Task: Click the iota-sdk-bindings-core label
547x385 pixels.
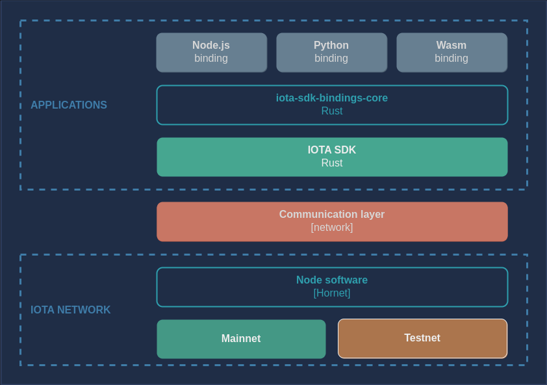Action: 332,98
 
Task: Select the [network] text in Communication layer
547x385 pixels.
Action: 332,228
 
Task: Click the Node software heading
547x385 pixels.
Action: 332,280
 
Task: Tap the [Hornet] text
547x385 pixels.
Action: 332,293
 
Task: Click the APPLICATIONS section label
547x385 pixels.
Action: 69,105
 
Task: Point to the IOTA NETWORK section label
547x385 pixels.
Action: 71,310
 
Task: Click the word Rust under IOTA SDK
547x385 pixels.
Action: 332,163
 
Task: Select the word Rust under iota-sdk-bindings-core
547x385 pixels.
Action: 332,111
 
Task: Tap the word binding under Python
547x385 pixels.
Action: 331,59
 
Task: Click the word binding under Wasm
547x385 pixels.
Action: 452,59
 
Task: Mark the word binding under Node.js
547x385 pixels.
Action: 211,59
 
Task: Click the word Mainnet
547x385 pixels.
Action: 241,339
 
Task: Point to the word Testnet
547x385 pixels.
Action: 422,338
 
